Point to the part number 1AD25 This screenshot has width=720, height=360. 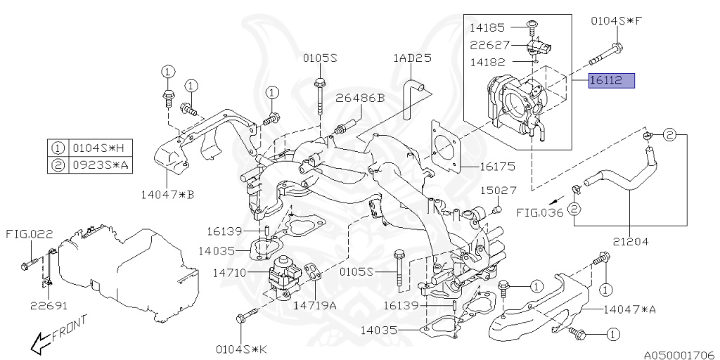(x=412, y=58)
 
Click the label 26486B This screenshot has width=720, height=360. (x=359, y=98)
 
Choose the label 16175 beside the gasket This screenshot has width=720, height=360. (x=498, y=167)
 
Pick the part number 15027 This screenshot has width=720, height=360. (x=499, y=191)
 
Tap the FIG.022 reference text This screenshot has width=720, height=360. (x=30, y=233)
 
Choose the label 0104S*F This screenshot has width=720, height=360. (x=616, y=20)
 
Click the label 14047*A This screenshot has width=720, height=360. (x=629, y=309)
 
